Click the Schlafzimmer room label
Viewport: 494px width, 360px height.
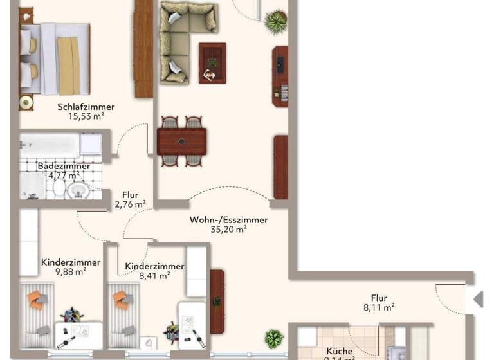click(86, 107)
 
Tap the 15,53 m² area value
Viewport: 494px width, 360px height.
click(86, 117)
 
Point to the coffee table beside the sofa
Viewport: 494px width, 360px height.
click(212, 63)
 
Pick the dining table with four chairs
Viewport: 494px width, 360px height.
click(181, 141)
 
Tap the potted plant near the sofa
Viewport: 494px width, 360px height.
click(276, 21)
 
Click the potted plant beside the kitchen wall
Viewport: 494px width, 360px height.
click(274, 337)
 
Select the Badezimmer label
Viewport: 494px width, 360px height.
click(64, 166)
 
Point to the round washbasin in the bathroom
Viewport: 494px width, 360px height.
click(78, 190)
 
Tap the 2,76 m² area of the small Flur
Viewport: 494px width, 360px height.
click(130, 204)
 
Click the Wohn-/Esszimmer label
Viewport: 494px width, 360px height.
click(228, 220)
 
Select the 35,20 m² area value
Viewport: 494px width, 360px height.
click(228, 230)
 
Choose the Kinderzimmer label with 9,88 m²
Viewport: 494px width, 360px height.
click(71, 262)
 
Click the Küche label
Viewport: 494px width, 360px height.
click(338, 351)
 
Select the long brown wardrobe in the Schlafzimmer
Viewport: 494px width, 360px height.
click(143, 48)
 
